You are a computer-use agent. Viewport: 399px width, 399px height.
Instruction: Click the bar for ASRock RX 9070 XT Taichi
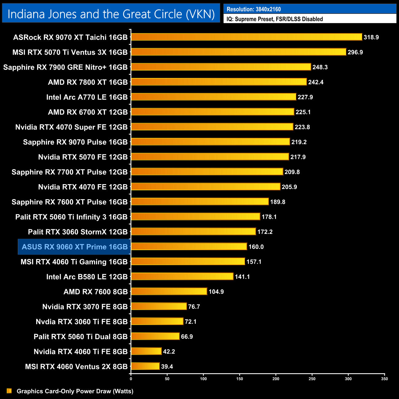coord(246,37)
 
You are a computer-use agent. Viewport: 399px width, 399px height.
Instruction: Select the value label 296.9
coord(355,52)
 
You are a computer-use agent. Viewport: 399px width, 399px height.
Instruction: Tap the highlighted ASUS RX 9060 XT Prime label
coord(75,247)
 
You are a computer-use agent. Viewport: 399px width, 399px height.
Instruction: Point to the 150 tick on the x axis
coord(240,379)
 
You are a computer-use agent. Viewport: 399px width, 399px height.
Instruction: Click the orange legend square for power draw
coord(9,391)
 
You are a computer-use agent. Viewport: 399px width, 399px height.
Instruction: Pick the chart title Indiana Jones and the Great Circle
coord(111,14)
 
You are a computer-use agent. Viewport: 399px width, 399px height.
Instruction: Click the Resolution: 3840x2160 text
coord(254,9)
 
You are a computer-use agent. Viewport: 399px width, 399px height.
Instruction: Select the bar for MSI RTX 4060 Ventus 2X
coord(145,366)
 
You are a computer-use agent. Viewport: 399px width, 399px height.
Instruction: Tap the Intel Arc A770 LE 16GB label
coord(87,97)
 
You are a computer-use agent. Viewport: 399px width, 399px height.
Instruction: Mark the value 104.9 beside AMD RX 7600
coord(216,292)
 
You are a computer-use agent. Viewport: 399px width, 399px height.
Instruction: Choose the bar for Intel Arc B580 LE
coord(182,276)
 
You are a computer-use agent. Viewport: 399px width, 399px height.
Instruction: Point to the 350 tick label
coord(384,379)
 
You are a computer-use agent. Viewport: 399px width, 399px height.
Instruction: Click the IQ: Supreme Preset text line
coord(275,19)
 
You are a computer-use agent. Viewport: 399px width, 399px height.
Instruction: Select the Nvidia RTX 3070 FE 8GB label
coord(85,307)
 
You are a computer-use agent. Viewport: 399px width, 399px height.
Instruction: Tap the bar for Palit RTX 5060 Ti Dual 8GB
coord(155,336)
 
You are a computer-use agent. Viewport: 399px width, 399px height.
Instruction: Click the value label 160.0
coord(256,247)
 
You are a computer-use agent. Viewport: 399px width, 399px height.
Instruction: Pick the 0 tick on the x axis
coord(131,379)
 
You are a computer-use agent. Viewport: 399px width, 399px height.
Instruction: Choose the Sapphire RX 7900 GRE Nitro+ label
coord(65,67)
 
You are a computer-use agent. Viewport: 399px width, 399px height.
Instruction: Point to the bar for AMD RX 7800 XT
coord(219,82)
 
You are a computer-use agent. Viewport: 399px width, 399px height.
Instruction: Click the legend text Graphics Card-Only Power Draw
coord(75,391)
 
